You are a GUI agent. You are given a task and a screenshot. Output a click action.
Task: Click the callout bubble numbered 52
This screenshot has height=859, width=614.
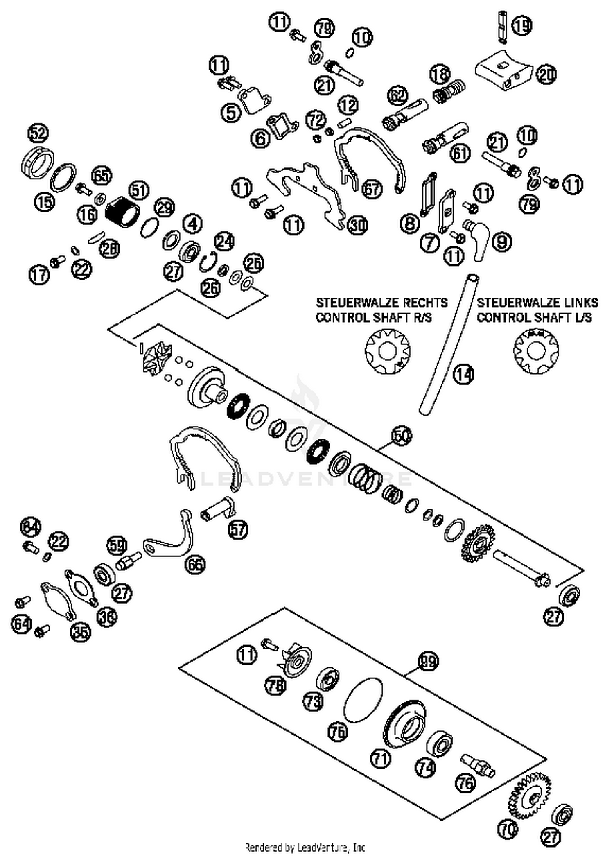38,133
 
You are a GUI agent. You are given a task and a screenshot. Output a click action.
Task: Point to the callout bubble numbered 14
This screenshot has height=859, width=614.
464,374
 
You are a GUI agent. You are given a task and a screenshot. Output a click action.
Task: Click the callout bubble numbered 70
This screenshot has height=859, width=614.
508,830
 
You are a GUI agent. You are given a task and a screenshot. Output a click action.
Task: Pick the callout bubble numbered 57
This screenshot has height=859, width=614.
238,529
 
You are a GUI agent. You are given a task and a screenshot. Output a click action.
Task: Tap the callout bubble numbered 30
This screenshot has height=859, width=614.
357,225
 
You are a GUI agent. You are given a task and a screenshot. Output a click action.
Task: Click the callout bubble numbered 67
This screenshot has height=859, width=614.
372,189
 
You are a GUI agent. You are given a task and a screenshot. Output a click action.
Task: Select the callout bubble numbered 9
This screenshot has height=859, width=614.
502,242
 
